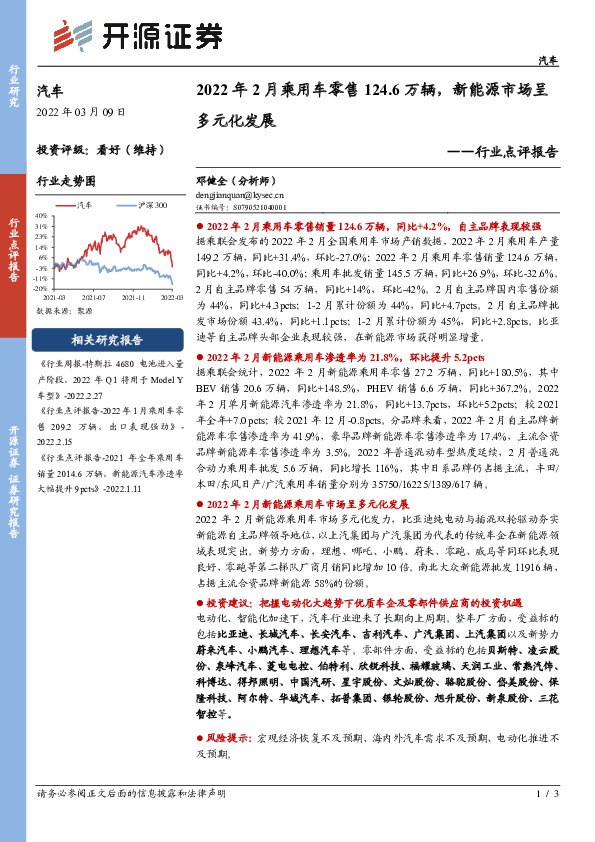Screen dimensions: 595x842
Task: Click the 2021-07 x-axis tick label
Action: [95, 297]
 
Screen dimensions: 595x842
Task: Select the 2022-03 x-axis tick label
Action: [171, 297]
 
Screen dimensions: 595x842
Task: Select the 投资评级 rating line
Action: [100, 151]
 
